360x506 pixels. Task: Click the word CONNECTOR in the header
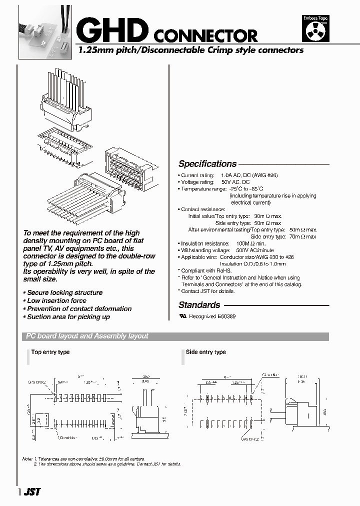tap(205, 35)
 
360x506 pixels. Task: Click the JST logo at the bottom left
tap(31, 491)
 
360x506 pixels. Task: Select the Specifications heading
tap(207, 164)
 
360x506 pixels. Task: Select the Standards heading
tap(199, 305)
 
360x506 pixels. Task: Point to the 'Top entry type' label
tap(50, 352)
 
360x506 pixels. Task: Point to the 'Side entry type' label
tap(206, 352)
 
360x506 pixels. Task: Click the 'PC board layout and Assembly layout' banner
tap(87, 336)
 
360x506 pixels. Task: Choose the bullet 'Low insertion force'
tap(56, 301)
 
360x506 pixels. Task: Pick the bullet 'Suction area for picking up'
tap(68, 317)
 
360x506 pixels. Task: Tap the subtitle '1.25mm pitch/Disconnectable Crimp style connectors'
tap(190, 50)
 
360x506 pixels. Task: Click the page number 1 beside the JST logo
tap(19, 492)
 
